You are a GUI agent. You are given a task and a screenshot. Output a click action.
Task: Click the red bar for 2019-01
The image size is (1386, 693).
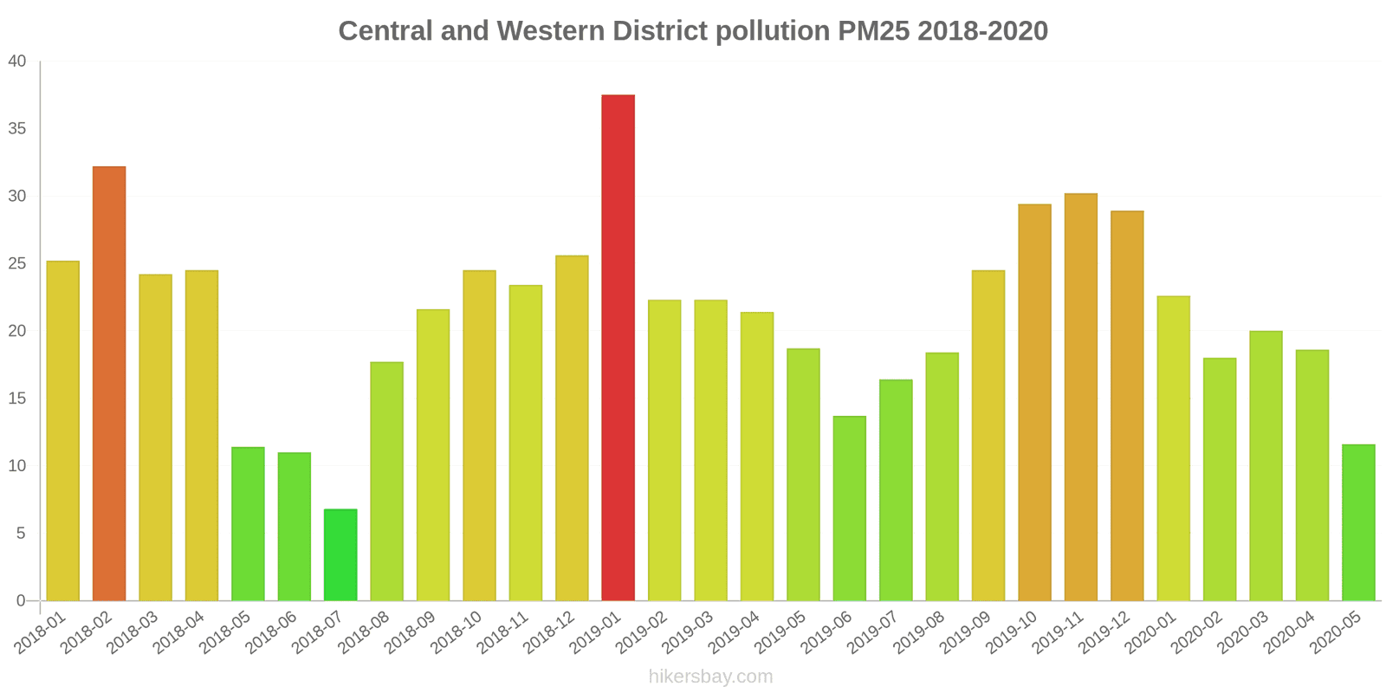click(x=618, y=346)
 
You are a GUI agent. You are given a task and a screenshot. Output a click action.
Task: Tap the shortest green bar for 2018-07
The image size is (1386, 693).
click(x=340, y=554)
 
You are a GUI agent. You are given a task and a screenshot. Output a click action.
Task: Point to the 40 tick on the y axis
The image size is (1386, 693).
click(x=17, y=62)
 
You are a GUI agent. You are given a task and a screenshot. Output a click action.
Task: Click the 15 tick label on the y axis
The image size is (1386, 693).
click(x=17, y=398)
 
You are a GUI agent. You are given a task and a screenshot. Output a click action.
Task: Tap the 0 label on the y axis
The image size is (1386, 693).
click(x=21, y=600)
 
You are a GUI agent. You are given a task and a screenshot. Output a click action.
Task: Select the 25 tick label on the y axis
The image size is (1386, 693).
click(x=17, y=263)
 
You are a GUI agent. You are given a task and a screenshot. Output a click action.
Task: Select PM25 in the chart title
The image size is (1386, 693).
click(x=874, y=31)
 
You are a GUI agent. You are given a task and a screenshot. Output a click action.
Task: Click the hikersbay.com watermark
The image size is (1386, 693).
click(x=710, y=677)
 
